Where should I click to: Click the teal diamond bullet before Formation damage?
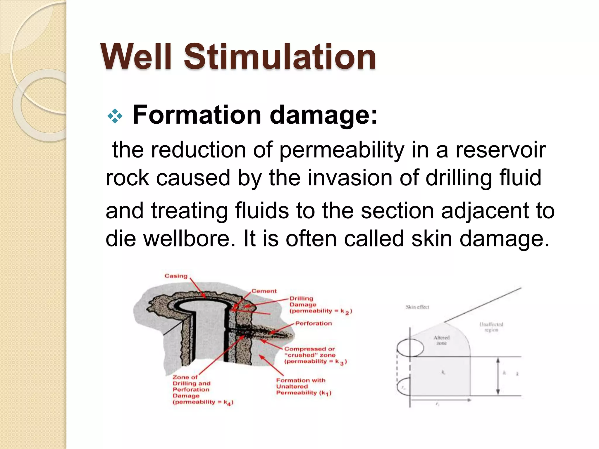115,116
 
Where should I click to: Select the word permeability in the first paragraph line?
342,150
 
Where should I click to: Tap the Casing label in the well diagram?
176,276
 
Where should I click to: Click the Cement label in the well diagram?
264,291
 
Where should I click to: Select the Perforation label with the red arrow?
313,323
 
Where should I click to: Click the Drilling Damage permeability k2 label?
320,305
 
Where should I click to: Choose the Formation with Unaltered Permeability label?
303,386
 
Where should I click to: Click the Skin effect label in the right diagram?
417,307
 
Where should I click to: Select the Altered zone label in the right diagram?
441,340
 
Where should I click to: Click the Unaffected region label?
491,327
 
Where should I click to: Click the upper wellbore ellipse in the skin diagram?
410,348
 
